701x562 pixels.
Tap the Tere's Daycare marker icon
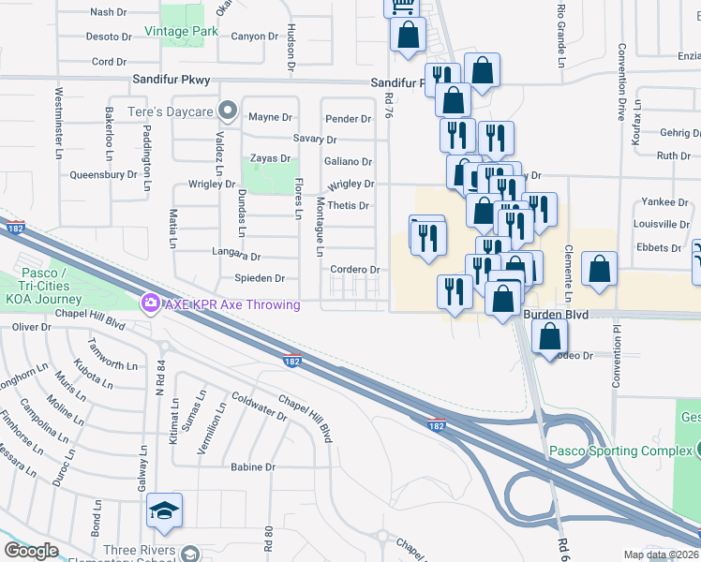coord(227,111)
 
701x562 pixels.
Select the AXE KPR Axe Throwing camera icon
coord(149,303)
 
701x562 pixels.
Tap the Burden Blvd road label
coord(556,316)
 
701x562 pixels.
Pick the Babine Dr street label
coord(252,466)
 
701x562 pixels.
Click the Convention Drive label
coord(620,98)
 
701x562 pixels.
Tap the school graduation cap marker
coord(164,510)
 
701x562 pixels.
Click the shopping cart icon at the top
coord(402,6)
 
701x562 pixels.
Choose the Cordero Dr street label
coord(354,270)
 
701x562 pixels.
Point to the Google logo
coord(31,551)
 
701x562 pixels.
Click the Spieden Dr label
coord(259,279)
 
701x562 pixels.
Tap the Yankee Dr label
coord(664,202)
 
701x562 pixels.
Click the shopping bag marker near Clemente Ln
coord(599,268)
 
